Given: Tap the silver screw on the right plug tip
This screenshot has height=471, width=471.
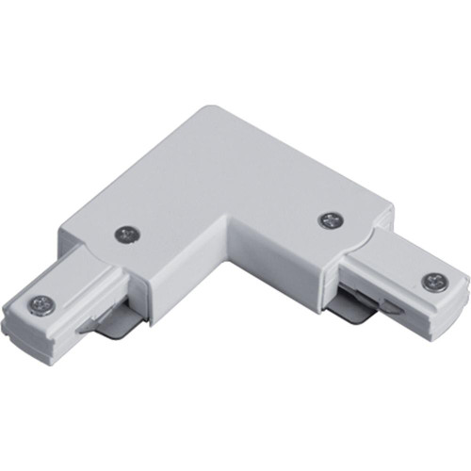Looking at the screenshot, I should pos(434,280).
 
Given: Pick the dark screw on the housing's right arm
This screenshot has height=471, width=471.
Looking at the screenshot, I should pos(329,220).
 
